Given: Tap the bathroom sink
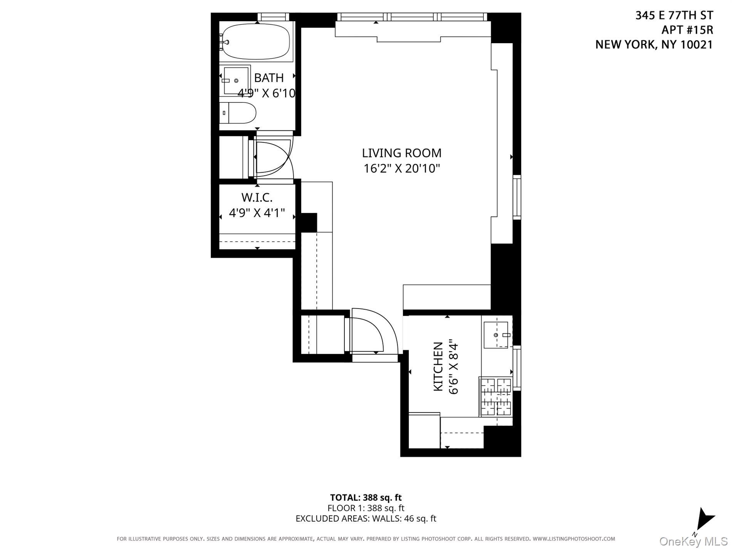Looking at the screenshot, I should tap(235, 81).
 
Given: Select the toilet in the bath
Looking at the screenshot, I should tap(239, 112).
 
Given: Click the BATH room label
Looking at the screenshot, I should tap(269, 78).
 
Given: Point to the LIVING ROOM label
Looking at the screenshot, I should tap(401, 153).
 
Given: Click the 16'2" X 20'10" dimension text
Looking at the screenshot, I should tap(401, 169).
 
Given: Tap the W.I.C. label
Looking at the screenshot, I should tap(257, 198).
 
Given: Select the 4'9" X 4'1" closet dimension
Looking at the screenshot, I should tap(257, 213).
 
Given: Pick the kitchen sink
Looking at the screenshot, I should tap(497, 335).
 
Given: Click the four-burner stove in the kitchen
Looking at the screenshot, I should tap(496, 397).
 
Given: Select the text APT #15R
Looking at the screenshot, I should tap(687, 30).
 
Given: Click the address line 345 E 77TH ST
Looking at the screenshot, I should tap(674, 15).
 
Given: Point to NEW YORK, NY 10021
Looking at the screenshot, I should tap(654, 45).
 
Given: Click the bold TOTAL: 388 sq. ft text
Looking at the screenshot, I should tap(366, 497).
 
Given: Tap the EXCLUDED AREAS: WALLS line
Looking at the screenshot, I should tap(366, 519).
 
